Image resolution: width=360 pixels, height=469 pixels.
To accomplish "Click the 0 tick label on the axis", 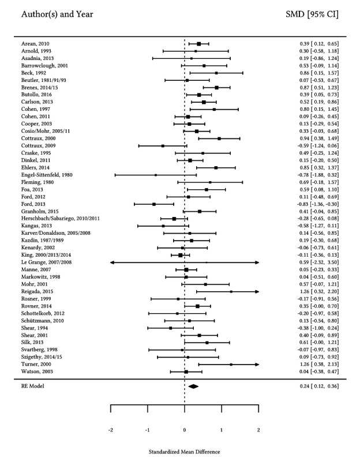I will pos(185,430).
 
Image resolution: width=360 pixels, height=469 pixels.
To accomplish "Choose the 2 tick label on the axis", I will pos(258,430).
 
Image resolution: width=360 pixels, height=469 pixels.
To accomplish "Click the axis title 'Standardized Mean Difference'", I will pos(184,452).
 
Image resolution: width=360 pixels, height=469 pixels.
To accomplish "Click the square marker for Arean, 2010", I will pos(199,43).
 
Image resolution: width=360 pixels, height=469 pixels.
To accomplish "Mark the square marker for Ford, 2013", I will pos(154,204).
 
